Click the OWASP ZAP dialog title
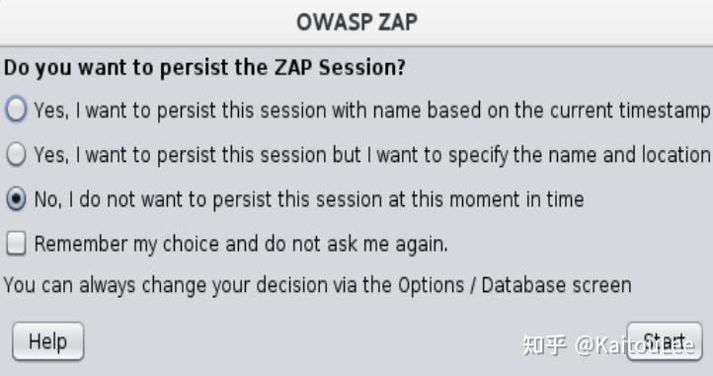tap(356, 22)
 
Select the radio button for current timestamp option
tap(16, 111)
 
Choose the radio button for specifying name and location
tap(16, 155)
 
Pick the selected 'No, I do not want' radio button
tap(16, 199)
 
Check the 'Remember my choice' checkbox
tap(16, 243)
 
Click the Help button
tap(47, 341)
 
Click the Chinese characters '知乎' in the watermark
tap(544, 345)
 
